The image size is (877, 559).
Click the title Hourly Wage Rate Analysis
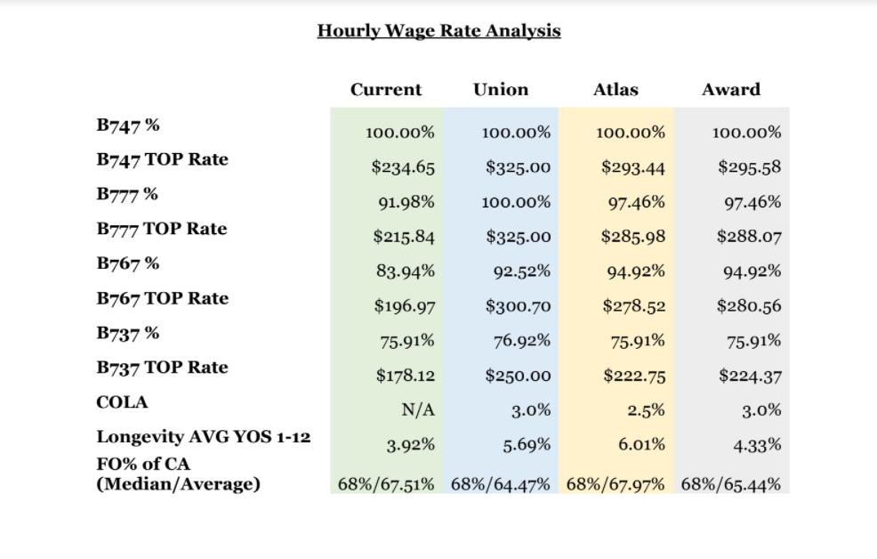click(439, 31)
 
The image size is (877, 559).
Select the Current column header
click(386, 90)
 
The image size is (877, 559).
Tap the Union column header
click(501, 90)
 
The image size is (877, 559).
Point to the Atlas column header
click(616, 90)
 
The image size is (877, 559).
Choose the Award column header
click(732, 90)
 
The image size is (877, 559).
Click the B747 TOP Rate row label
click(162, 160)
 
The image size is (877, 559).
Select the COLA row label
click(122, 402)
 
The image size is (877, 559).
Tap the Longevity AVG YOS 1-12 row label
click(203, 436)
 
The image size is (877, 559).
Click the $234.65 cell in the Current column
click(403, 167)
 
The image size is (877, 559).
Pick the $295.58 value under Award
click(750, 167)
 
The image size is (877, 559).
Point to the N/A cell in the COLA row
click(418, 410)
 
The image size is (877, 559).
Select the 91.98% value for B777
click(406, 202)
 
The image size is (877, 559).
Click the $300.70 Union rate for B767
click(518, 306)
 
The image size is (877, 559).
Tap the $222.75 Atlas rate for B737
click(634, 376)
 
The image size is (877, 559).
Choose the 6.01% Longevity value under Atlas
click(641, 445)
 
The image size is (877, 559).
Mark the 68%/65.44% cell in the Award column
click(731, 484)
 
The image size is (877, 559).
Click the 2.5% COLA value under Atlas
click(646, 410)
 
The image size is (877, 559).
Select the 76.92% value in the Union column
click(522, 341)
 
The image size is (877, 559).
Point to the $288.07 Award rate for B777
click(750, 237)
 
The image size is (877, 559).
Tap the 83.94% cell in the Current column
click(406, 271)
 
